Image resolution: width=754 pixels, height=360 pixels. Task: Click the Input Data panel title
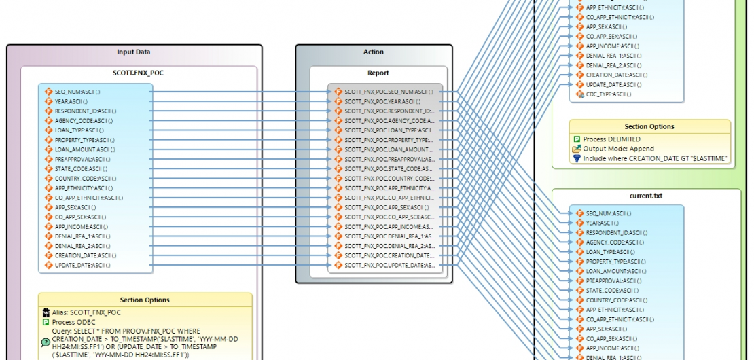[134, 52]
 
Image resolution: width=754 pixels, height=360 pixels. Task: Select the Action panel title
[374, 52]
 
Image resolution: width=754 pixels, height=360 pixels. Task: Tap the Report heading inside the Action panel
[378, 73]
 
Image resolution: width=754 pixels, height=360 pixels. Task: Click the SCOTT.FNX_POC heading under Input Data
[139, 72]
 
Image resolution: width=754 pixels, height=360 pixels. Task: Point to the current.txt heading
[645, 196]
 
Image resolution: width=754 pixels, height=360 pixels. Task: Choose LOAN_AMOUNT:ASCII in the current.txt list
[609, 271]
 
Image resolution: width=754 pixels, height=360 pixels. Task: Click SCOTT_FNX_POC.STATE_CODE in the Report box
[388, 168]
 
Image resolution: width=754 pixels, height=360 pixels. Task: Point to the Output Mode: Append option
[618, 149]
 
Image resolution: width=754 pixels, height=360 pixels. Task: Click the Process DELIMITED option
[611, 139]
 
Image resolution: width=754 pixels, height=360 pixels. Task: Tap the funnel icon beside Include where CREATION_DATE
[577, 158]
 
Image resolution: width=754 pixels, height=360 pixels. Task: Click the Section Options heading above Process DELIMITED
[649, 126]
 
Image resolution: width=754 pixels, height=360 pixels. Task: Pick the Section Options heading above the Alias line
[145, 300]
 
